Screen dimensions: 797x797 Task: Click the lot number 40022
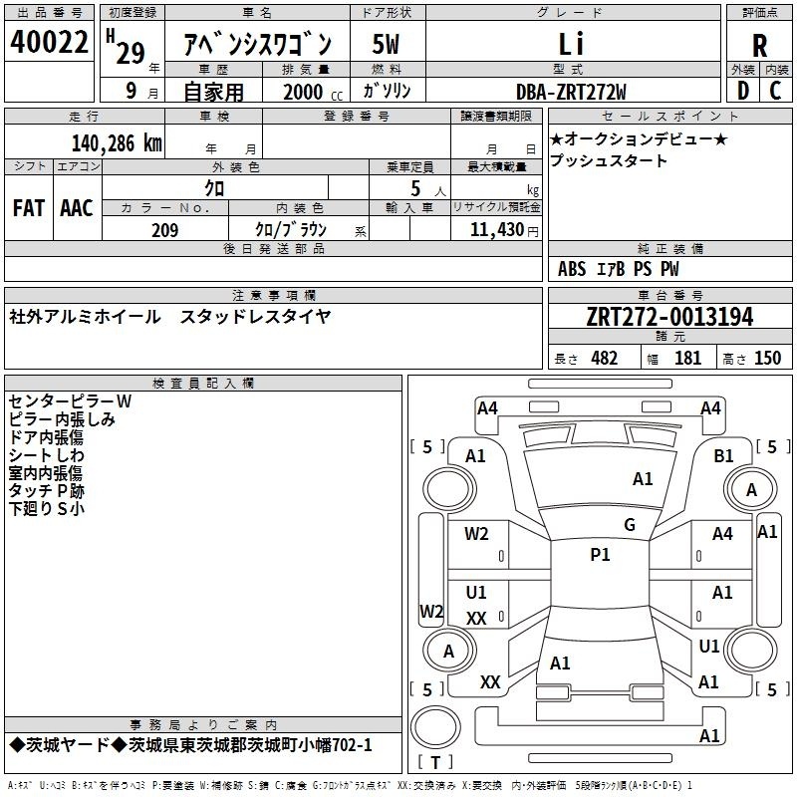[x=49, y=42]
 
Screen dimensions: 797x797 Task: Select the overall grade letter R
[x=759, y=46]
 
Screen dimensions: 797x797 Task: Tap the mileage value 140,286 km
[x=117, y=142]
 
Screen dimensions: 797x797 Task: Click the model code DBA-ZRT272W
[x=571, y=92]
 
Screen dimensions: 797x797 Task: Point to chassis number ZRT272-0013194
[x=669, y=317]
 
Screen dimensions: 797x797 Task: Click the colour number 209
[x=164, y=230]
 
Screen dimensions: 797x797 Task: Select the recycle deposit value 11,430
[x=497, y=230]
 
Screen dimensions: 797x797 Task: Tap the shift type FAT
[x=29, y=208]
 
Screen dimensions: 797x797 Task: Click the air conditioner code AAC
[x=77, y=208]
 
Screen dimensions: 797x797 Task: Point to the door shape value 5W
[x=386, y=44]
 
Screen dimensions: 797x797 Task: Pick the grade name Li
[x=571, y=43]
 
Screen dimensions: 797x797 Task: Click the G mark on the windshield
[x=630, y=525]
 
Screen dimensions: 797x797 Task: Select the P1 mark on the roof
[x=600, y=555]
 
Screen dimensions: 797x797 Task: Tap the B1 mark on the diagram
[x=723, y=456]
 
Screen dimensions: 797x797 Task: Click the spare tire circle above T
[x=435, y=727]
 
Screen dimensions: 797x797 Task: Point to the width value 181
[x=687, y=358]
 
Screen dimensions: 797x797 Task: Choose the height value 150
[x=767, y=358]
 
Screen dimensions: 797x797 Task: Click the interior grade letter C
[x=775, y=91]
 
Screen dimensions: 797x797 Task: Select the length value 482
[x=605, y=358]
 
